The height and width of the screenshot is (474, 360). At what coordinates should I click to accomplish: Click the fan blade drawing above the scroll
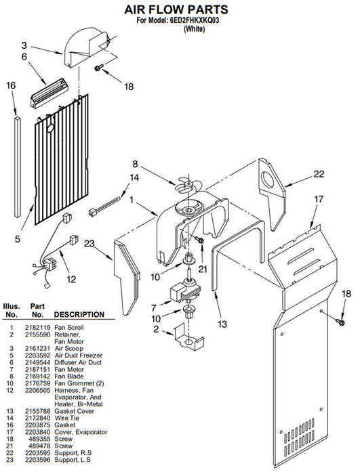point(184,185)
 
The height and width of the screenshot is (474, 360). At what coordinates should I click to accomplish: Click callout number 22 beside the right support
point(319,174)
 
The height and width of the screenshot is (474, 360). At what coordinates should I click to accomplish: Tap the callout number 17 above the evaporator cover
point(319,199)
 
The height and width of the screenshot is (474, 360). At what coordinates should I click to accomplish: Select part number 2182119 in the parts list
point(37,327)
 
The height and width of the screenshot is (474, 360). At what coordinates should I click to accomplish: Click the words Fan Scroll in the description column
point(69,327)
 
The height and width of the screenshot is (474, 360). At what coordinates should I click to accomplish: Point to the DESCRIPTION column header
point(79,314)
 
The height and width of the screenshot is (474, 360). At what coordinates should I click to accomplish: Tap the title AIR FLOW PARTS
point(176,9)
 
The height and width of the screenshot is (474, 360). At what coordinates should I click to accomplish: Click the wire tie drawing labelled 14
point(104,205)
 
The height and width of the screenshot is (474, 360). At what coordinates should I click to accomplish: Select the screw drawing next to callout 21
point(199,240)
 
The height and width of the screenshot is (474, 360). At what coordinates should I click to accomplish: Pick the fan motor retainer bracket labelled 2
point(189,337)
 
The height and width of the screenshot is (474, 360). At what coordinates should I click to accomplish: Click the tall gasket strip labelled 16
point(18,167)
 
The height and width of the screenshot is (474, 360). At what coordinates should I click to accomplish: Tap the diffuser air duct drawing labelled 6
point(49,93)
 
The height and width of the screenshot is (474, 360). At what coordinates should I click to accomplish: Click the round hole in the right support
point(268,179)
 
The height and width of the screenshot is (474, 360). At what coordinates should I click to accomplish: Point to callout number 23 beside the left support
point(89,244)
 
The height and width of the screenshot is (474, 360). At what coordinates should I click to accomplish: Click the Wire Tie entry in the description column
point(67,418)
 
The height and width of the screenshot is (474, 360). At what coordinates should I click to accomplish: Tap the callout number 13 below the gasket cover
point(222,324)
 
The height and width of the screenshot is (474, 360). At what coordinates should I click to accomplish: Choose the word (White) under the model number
point(195,29)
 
